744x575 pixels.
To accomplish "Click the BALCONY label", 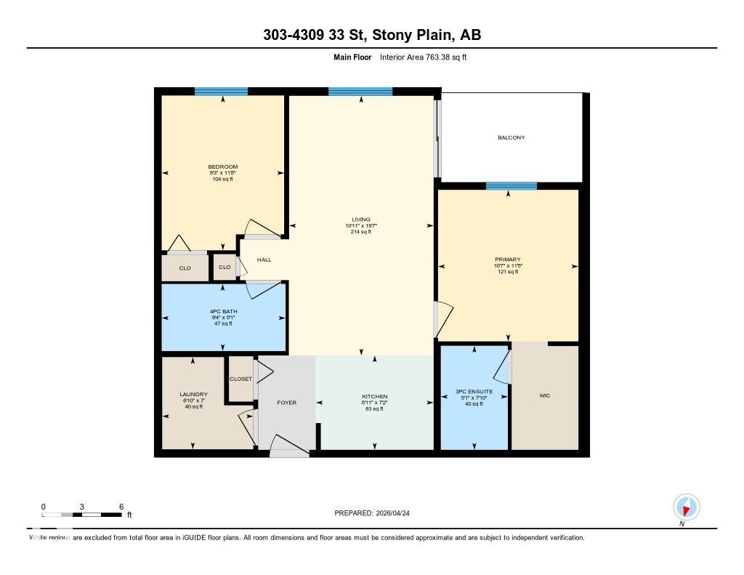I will [511, 137].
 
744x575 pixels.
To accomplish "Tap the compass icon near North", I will [686, 507].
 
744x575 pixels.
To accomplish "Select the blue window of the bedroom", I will [221, 92].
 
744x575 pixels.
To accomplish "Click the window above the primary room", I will [511, 186].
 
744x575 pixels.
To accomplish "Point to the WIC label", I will [544, 395].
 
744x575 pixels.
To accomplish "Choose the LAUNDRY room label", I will [193, 395].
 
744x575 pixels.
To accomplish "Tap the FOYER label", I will [287, 402].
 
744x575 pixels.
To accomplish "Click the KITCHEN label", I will [375, 397].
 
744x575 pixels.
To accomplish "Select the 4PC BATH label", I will [223, 312].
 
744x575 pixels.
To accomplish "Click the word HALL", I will [264, 260].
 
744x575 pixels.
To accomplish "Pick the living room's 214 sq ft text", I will [360, 231].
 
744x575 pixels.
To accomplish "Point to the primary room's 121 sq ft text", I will [508, 271].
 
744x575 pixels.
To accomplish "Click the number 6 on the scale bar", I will [121, 507].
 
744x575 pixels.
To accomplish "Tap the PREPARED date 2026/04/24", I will [398, 513].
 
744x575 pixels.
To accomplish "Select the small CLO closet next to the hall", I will [225, 268].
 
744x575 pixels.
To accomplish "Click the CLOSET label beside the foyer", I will [240, 379].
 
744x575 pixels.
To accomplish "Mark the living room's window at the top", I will [360, 92].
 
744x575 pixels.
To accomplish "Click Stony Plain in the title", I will [411, 35].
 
